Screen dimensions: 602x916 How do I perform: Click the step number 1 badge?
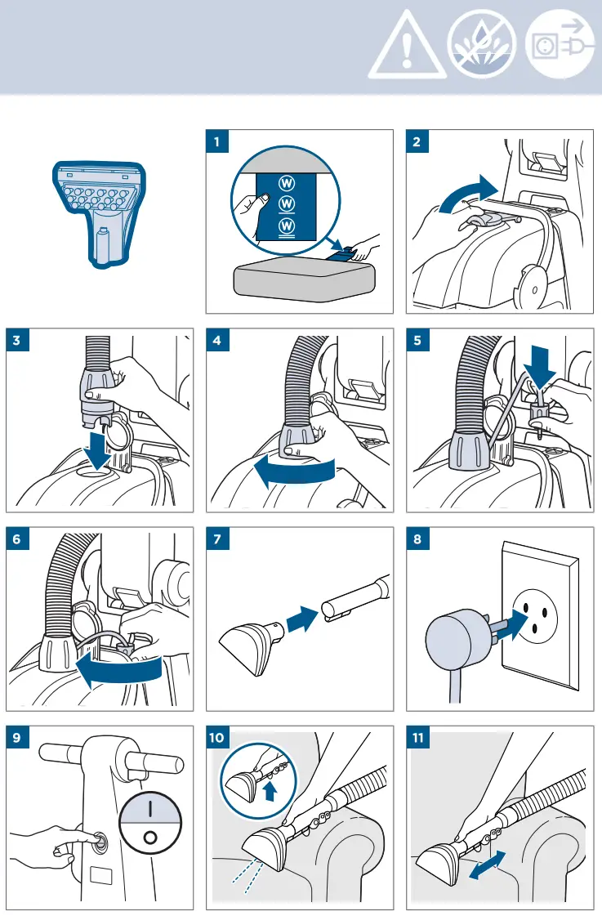click(x=217, y=141)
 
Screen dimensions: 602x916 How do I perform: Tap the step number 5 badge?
click(x=417, y=340)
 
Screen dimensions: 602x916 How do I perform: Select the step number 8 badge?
click(x=417, y=538)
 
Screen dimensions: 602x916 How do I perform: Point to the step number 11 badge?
click(x=418, y=737)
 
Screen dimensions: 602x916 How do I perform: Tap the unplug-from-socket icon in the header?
click(x=560, y=44)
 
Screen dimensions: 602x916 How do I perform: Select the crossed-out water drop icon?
click(x=482, y=44)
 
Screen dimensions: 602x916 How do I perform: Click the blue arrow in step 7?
click(x=302, y=618)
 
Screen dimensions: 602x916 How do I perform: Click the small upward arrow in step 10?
click(x=270, y=792)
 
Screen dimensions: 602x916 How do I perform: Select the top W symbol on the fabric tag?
click(x=287, y=183)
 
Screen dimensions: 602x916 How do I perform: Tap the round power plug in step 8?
click(x=448, y=641)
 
